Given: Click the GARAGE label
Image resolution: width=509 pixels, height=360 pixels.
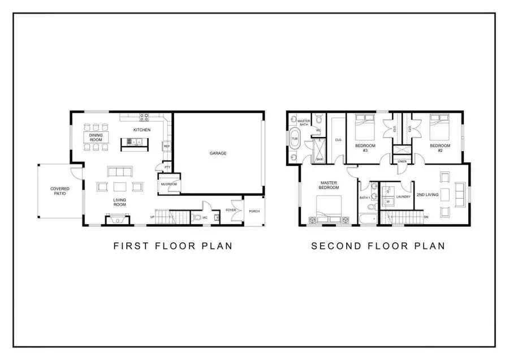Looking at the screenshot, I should [x=218, y=153].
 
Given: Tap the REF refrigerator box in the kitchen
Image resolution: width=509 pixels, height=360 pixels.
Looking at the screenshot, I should [x=167, y=147].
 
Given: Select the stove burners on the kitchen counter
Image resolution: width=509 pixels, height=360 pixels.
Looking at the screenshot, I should [x=144, y=117].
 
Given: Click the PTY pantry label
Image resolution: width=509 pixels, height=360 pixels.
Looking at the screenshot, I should [x=167, y=168].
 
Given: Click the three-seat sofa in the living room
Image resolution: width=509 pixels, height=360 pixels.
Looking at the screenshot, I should [x=119, y=172].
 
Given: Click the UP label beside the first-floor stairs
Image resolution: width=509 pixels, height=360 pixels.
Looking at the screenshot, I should [x=152, y=217].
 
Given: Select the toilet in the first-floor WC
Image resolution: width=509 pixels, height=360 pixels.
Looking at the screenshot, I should [x=196, y=217].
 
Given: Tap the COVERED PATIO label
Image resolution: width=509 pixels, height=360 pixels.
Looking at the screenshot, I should [x=60, y=191].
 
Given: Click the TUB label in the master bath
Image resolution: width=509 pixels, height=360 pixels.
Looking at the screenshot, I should [x=295, y=138].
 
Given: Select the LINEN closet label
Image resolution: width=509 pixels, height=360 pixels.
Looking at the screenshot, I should [x=402, y=161].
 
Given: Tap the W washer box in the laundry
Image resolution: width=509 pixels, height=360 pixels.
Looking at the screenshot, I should [x=388, y=201].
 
